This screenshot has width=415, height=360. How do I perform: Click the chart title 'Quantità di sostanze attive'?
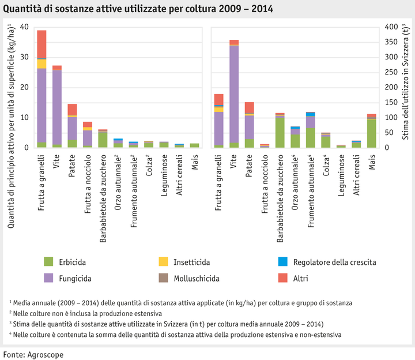(138, 9)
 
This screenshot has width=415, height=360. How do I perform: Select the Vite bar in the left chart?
(57, 107)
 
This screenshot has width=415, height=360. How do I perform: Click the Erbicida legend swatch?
(49, 262)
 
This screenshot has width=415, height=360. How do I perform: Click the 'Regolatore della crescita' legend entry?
(334, 262)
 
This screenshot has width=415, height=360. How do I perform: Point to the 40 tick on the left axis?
(24, 27)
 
